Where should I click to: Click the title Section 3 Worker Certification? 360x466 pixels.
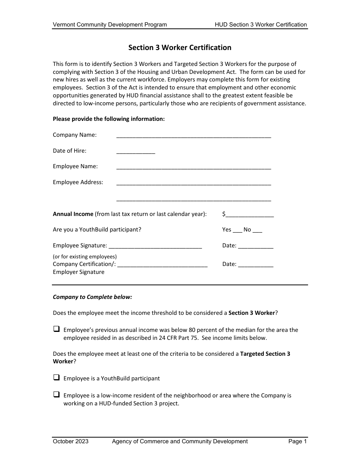(x=180, y=48)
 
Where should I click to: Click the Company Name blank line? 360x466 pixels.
(x=194, y=136)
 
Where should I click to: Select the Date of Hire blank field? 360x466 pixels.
(x=136, y=152)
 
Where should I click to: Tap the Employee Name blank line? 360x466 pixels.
(x=194, y=167)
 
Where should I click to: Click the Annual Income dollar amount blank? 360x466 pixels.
(x=249, y=215)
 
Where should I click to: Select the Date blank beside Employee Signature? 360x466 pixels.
(x=255, y=247)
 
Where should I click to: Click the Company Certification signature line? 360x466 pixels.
(x=163, y=265)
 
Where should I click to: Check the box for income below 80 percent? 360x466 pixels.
(x=56, y=329)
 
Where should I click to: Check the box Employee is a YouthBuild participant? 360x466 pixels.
(x=56, y=377)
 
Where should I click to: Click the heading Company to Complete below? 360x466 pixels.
(x=92, y=297)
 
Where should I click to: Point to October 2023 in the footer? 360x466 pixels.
(x=70, y=441)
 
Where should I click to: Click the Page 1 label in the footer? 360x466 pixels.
(x=297, y=441)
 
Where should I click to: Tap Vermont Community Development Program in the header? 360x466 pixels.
(x=110, y=25)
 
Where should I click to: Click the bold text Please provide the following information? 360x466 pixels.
(x=109, y=119)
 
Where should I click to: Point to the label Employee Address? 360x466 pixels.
(x=78, y=182)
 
